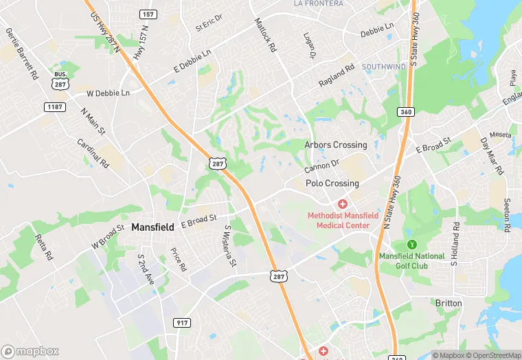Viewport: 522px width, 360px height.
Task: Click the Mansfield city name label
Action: [x=152, y=227]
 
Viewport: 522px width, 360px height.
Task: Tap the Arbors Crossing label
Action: [x=336, y=145]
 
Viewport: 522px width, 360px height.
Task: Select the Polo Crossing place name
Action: [x=332, y=183]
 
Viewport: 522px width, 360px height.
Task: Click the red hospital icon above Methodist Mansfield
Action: [x=342, y=203]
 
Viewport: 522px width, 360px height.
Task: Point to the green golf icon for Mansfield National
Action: [x=412, y=244]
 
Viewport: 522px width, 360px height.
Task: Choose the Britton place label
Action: [x=449, y=303]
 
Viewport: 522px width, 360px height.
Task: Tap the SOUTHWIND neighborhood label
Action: [x=384, y=67]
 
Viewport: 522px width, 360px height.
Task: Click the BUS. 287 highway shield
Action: [x=59, y=78]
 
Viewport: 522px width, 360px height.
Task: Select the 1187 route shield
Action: [x=54, y=106]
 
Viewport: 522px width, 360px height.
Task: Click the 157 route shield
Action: [x=147, y=14]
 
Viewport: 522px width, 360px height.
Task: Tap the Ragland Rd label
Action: [x=337, y=76]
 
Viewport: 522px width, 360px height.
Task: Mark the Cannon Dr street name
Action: [x=322, y=166]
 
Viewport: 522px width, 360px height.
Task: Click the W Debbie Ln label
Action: [x=108, y=93]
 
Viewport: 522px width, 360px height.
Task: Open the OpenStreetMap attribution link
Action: [x=491, y=355]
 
